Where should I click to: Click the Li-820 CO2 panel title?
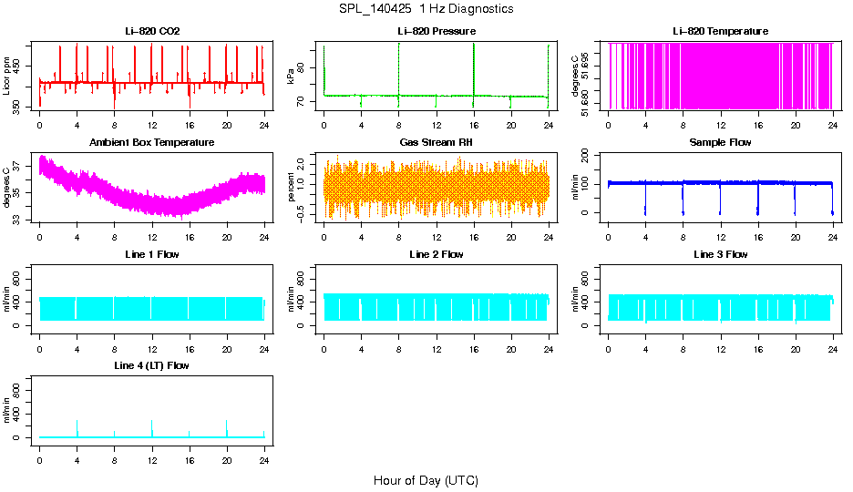click(x=152, y=32)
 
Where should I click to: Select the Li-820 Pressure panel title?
click(x=437, y=32)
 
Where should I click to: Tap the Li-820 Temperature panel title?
click(x=720, y=32)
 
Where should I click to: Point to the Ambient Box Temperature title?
click(x=152, y=143)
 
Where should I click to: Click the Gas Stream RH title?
click(x=437, y=143)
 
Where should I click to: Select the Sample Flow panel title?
click(x=720, y=143)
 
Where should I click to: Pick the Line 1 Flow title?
click(x=152, y=254)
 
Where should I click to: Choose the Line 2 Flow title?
click(x=437, y=254)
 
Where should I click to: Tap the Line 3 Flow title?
click(x=720, y=254)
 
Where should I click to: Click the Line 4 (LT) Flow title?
click(x=152, y=365)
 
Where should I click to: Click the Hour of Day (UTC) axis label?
click(x=426, y=480)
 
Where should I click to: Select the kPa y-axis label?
click(x=292, y=77)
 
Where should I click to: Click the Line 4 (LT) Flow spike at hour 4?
click(x=77, y=426)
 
